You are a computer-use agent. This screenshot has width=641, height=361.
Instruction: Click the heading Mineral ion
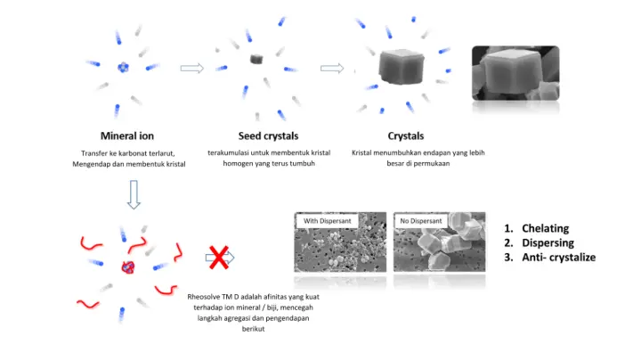click(x=127, y=136)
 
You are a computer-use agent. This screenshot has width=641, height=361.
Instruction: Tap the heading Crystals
click(x=405, y=136)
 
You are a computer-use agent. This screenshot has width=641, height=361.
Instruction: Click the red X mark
click(x=217, y=258)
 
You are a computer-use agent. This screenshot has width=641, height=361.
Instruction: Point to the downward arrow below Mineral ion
click(x=134, y=194)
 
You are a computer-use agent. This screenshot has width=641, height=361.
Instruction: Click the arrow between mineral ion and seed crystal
click(x=192, y=68)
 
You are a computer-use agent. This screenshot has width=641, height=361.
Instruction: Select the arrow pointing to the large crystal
click(x=331, y=68)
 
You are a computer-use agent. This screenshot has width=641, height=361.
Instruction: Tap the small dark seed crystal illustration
click(x=257, y=59)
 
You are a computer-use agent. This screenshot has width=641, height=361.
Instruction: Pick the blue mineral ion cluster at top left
click(x=124, y=67)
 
